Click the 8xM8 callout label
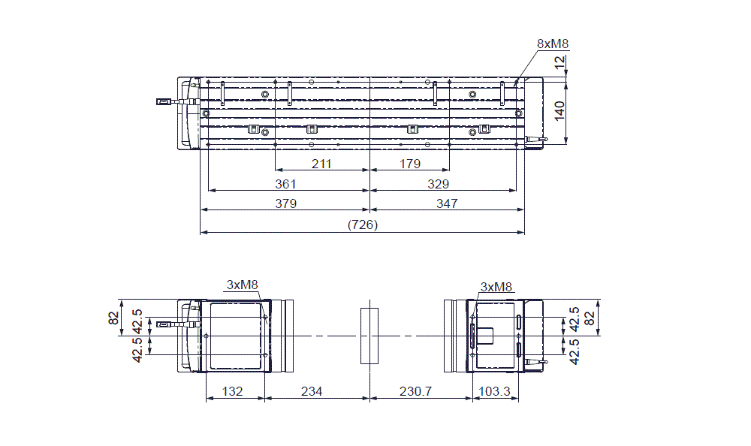pos(552,44)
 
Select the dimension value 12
pos(559,65)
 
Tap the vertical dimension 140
pos(559,110)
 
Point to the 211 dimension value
pos(322,164)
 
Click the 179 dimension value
pos(410,164)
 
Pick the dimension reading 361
pos(285,184)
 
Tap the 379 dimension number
pos(285,203)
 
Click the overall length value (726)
pos(362,225)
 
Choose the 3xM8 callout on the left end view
pos(242,285)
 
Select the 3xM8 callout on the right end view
pos(496,286)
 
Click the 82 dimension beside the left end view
pos(115,319)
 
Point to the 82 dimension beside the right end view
pos(590,319)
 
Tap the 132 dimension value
pos(234,391)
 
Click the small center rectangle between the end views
pos(368,335)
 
